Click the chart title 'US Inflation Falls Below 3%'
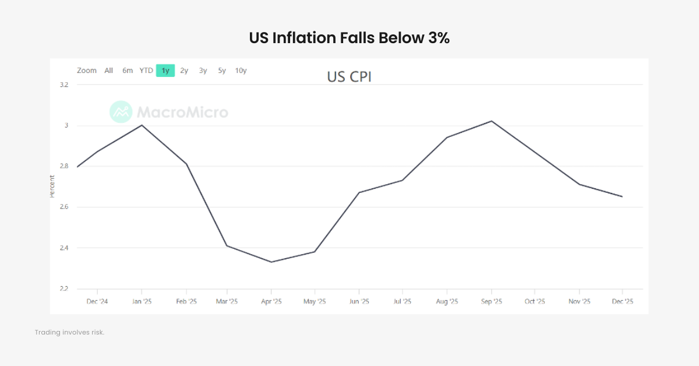(x=349, y=38)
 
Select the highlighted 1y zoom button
(x=165, y=71)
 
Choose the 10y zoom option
(x=241, y=71)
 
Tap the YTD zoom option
(x=146, y=71)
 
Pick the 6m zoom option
(x=128, y=71)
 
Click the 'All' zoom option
(x=109, y=71)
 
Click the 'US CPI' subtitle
(x=349, y=77)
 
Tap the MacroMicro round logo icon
(x=121, y=112)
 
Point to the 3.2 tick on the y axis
(x=63, y=85)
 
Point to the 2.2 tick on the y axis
(x=63, y=289)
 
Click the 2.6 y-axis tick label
(x=63, y=207)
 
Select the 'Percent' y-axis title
(x=52, y=186)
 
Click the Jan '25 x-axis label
(x=142, y=301)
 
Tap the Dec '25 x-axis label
(x=622, y=301)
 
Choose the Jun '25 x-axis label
(x=359, y=301)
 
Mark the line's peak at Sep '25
(x=492, y=121)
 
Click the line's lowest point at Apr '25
(x=271, y=262)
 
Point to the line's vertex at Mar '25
(x=227, y=245)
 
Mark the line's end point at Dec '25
(x=622, y=196)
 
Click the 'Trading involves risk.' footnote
(x=69, y=332)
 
